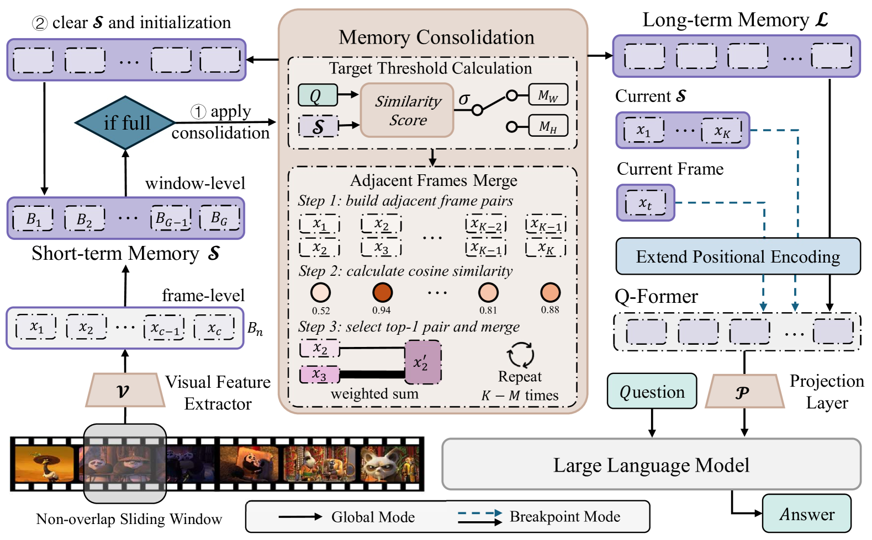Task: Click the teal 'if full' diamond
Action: (125, 122)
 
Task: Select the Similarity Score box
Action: (407, 110)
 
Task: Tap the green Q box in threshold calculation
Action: (317, 95)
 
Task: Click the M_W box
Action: (547, 95)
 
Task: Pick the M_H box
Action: (547, 126)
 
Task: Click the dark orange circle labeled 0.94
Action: (382, 292)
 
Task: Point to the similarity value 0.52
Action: (320, 311)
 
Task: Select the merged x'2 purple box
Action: (423, 362)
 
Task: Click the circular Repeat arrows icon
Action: (520, 355)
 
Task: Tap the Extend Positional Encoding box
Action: (738, 256)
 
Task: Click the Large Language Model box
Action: (651, 465)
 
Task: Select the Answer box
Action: (806, 514)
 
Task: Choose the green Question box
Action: (652, 392)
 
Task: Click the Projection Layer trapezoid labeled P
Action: (744, 392)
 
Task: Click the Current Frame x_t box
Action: (645, 203)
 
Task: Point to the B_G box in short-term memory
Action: (219, 218)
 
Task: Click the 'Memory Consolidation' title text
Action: (436, 37)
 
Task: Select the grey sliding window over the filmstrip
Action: (125, 463)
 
